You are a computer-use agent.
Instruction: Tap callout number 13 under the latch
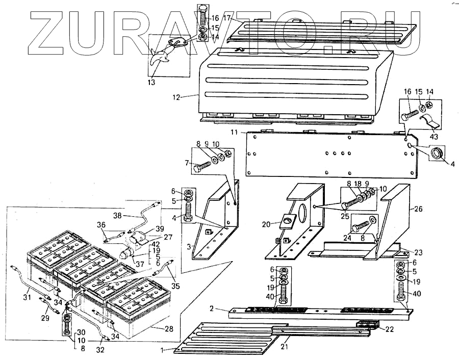click(152, 82)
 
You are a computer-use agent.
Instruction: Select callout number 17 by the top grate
click(226, 18)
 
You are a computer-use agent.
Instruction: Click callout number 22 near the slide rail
click(390, 329)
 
